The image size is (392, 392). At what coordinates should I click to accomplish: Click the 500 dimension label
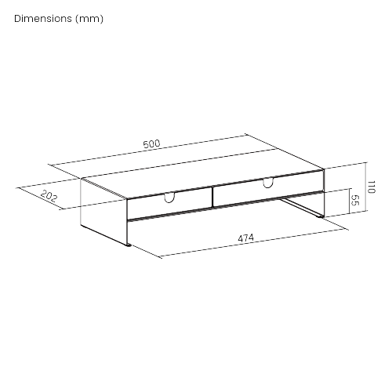(x=151, y=144)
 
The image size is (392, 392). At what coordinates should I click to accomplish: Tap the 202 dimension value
(x=49, y=196)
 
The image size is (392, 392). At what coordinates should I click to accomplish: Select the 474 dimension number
(x=245, y=238)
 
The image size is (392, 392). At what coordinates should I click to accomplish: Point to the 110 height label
(x=371, y=187)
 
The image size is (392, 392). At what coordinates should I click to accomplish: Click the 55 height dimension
(x=354, y=200)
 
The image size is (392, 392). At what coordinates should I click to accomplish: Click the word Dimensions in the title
(x=43, y=19)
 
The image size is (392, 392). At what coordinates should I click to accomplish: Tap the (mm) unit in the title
(x=89, y=19)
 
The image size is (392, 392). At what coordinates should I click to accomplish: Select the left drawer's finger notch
(x=169, y=198)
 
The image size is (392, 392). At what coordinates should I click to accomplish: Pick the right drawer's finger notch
(x=267, y=183)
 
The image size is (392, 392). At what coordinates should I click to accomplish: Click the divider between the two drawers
(x=212, y=197)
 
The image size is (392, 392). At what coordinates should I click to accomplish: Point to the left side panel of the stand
(x=103, y=211)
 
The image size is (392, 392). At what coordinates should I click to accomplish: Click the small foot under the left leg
(x=129, y=245)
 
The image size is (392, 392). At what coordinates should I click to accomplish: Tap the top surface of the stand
(x=201, y=173)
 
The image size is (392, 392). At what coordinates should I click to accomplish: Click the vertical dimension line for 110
(x=367, y=187)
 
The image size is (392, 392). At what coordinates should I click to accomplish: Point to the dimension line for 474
(x=253, y=243)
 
